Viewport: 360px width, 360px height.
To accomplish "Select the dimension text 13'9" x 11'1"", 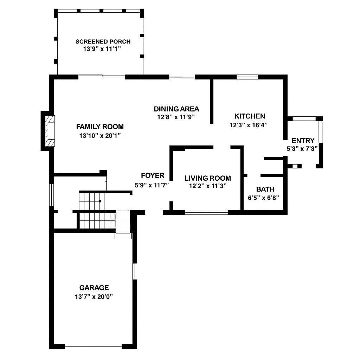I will click(102, 49).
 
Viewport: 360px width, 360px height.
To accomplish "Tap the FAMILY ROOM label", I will click(100, 127).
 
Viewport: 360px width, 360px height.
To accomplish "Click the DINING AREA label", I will click(176, 109).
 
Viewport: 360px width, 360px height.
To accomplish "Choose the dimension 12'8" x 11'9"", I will click(176, 117).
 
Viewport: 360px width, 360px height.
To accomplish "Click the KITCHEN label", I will click(250, 116).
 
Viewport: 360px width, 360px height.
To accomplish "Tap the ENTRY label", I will click(303, 141).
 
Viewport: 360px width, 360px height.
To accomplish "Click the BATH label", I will click(265, 189).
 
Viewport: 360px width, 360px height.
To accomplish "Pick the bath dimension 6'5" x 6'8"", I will click(263, 198).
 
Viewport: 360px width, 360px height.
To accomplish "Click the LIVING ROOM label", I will click(207, 178).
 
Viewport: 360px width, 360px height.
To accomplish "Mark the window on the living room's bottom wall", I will click(206, 212).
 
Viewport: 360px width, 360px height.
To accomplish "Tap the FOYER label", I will click(153, 176).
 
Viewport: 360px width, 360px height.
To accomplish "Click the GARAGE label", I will click(94, 288).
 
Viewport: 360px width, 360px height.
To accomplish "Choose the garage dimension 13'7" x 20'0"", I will click(94, 296).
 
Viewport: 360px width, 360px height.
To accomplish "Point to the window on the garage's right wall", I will click(134, 271).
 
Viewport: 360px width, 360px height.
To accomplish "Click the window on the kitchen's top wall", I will click(247, 77).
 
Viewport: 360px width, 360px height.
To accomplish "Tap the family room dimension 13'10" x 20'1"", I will click(100, 135).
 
